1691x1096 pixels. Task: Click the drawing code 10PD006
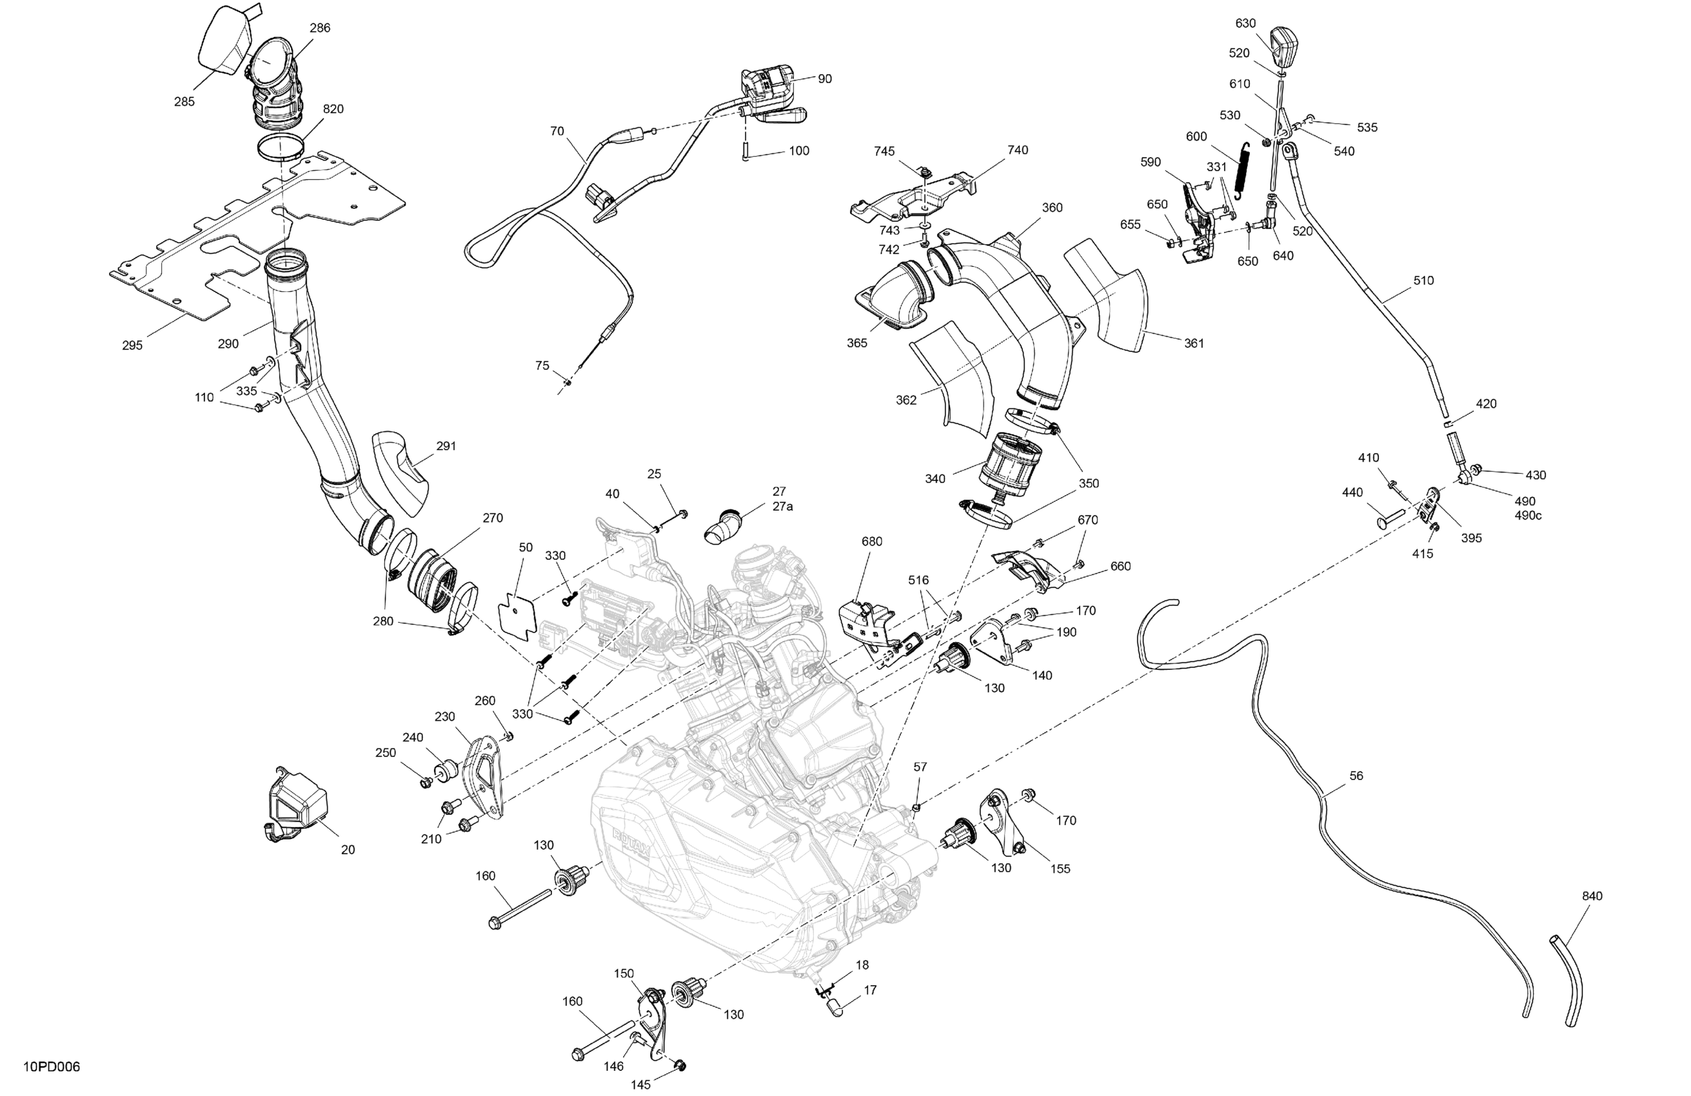[51, 1067]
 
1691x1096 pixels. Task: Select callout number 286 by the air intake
[320, 28]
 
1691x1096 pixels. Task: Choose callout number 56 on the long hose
[1356, 776]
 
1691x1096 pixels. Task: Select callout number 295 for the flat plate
[132, 345]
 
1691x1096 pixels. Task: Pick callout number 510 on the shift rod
[1423, 280]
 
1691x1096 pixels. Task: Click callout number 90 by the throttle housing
[824, 79]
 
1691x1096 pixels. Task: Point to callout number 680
[872, 542]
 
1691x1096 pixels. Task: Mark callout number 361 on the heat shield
[1194, 343]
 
